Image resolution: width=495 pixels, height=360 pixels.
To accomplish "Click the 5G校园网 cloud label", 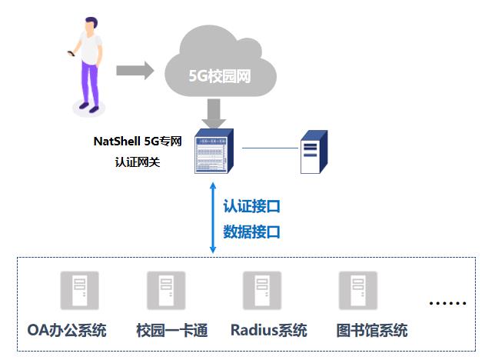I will tap(221, 76).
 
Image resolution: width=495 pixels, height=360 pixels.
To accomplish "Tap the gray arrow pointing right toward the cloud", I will tap(135, 71).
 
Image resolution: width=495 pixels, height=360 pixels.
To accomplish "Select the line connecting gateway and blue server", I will tap(269, 148).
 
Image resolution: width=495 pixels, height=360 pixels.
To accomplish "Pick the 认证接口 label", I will tap(251, 206).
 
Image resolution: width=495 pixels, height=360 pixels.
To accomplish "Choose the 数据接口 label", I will tap(251, 232).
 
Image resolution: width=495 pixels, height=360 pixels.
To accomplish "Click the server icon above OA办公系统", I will tap(75, 291).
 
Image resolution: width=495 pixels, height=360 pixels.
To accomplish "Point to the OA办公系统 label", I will tap(67, 331).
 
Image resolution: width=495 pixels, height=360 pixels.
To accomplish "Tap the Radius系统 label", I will tap(268, 331).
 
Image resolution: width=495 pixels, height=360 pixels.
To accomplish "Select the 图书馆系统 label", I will tap(372, 331).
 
